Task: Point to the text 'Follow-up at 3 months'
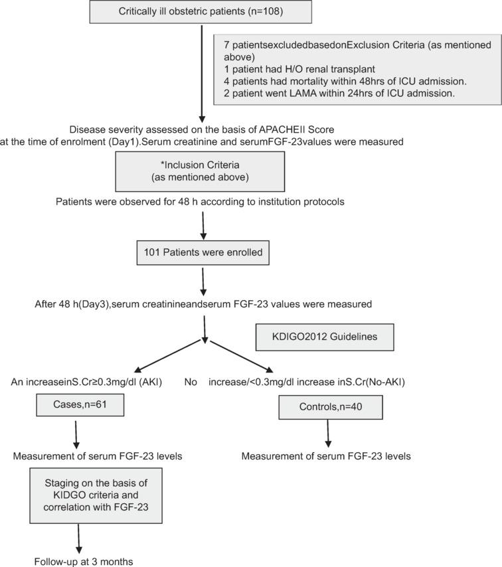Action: point(84,562)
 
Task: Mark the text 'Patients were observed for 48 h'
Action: point(201,202)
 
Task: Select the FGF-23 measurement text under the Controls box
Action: point(326,456)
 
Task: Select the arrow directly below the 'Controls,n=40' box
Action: point(326,436)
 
